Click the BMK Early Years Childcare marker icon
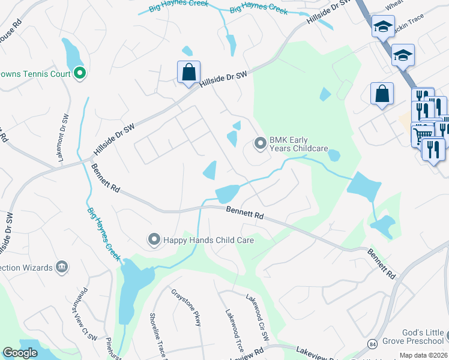point(260,143)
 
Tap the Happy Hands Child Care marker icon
point(154,240)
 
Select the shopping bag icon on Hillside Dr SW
point(188,73)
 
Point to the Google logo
point(20,353)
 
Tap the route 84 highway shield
point(372,344)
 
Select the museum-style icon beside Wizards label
point(61,266)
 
